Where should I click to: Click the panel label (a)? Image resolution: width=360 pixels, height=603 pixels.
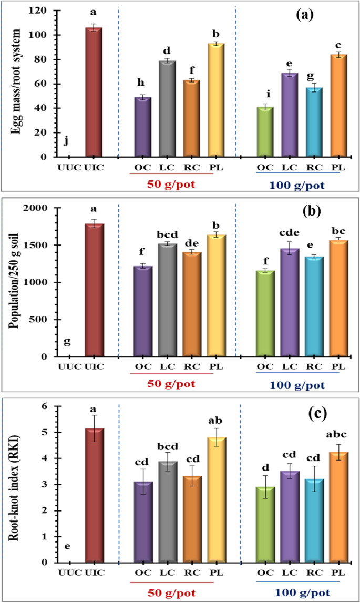[305, 15]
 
